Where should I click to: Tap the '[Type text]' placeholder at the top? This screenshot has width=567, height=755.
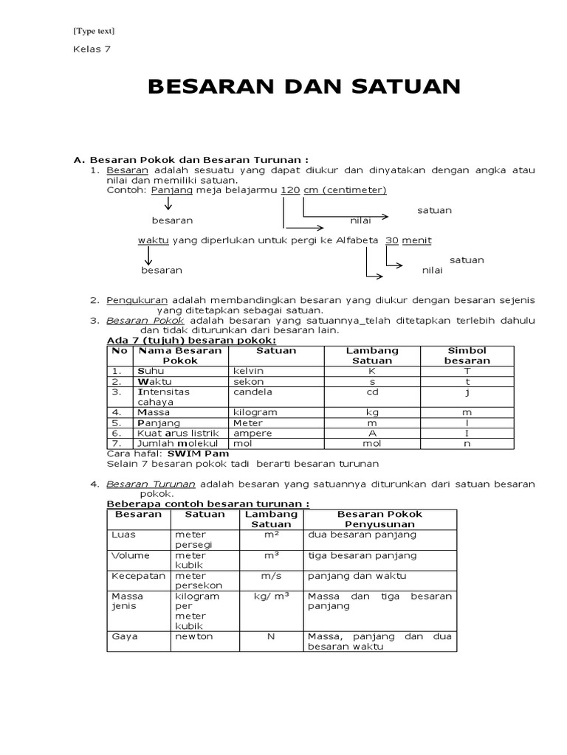[93, 30]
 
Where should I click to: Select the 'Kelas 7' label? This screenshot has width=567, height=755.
[91, 49]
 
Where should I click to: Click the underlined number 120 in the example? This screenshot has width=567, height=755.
[291, 190]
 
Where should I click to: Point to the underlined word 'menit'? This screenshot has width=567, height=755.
[417, 240]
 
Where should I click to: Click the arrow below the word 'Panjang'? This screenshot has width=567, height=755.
[168, 203]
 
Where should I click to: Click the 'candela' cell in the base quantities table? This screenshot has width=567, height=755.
[252, 392]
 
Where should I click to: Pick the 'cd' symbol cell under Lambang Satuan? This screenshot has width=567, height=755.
[372, 392]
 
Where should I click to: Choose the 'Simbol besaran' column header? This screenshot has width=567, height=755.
[467, 355]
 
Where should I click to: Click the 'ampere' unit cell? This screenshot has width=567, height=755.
[252, 434]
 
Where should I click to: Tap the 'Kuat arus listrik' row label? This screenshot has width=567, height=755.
[168, 434]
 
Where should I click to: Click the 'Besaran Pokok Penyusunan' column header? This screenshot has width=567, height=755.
[380, 518]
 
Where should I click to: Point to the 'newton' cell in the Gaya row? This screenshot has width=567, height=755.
[194, 636]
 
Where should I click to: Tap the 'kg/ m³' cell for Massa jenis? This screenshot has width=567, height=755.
[271, 596]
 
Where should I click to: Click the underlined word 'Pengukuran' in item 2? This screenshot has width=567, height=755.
[137, 301]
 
